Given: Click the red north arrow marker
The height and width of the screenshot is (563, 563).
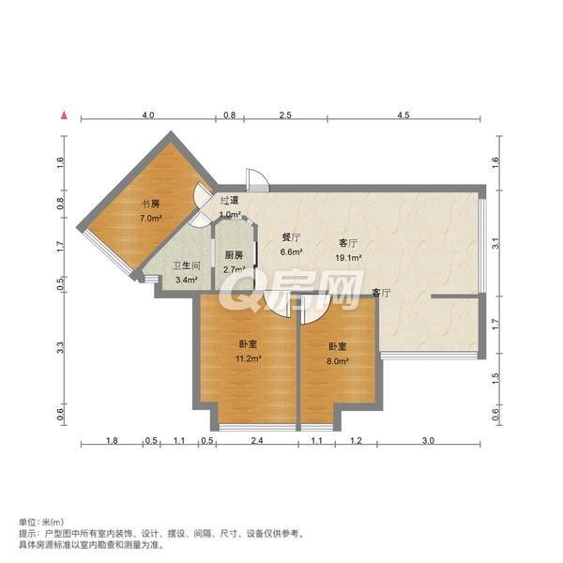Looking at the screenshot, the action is click(64, 115).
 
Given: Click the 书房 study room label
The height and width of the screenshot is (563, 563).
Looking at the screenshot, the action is click(151, 205).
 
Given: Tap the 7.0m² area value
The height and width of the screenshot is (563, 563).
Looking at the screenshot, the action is click(151, 218).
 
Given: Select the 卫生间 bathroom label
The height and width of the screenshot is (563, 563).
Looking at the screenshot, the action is click(187, 266).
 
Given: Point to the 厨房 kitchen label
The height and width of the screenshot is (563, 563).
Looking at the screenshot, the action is click(234, 255).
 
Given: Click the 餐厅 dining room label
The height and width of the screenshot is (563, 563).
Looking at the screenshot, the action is click(291, 237).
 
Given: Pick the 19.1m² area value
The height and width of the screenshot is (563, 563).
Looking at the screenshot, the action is click(348, 257).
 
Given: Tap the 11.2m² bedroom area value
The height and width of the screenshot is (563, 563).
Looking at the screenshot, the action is click(248, 358).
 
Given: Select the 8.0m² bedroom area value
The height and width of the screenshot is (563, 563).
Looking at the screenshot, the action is click(338, 361).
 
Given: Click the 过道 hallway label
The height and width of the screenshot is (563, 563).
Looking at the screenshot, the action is click(230, 201).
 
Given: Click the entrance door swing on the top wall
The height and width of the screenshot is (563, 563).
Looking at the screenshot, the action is click(257, 179).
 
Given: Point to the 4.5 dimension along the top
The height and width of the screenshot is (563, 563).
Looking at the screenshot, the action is click(403, 114).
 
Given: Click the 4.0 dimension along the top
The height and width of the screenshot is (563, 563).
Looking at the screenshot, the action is click(148, 114).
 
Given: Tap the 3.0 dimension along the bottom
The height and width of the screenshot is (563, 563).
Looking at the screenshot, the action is click(429, 440).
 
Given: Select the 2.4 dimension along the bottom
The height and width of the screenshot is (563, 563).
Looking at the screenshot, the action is click(257, 440).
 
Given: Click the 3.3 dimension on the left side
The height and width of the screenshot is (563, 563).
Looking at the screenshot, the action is click(60, 347).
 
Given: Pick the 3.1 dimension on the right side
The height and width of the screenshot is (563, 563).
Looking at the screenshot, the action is click(495, 244).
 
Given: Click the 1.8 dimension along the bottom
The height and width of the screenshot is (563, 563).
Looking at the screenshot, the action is click(112, 440).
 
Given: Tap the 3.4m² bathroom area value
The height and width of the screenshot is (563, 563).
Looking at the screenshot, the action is click(187, 280).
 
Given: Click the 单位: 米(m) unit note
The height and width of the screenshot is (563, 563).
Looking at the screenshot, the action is click(41, 522).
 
